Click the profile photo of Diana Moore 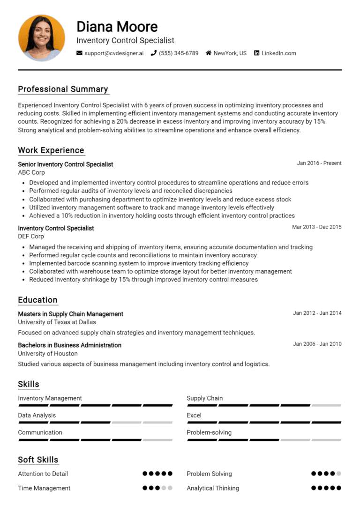coord(41,37)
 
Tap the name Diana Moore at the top coord(117,26)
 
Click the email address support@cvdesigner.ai coord(114,53)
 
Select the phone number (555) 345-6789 coord(178,53)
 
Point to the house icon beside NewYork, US coord(209,53)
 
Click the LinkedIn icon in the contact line coord(256,53)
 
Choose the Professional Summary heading coord(63,89)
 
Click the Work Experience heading coord(51,150)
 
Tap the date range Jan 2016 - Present coord(319,163)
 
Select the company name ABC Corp coord(31,172)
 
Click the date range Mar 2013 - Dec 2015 coord(317,227)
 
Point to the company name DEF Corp coord(31,236)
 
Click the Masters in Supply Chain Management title coord(70,314)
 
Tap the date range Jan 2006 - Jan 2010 coord(317,344)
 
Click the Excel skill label coord(194,416)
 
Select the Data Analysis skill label coord(37,416)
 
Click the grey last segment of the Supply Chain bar coord(326,405)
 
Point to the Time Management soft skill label coord(44,488)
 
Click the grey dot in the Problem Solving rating coord(339,474)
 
